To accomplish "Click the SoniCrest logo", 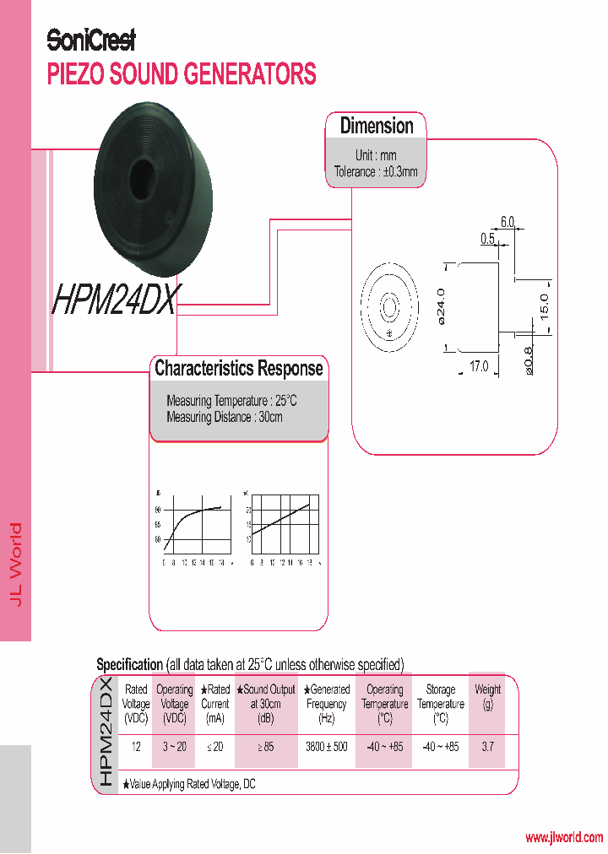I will click(90, 40).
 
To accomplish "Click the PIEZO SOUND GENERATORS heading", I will click(182, 74).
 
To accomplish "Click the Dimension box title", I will click(377, 127).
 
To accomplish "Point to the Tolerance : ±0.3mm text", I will click(376, 171).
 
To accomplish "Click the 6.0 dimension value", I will click(507, 222).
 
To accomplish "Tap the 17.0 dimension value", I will click(478, 366).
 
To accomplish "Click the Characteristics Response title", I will click(238, 369).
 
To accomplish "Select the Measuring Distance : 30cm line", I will click(225, 417).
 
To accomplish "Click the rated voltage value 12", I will click(136, 748).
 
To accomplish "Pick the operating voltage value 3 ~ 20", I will click(174, 748).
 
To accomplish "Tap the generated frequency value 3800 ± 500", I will click(326, 748).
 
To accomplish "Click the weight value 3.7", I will click(487, 748).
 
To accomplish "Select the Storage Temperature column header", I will click(440, 703).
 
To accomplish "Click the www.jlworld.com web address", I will click(564, 838).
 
